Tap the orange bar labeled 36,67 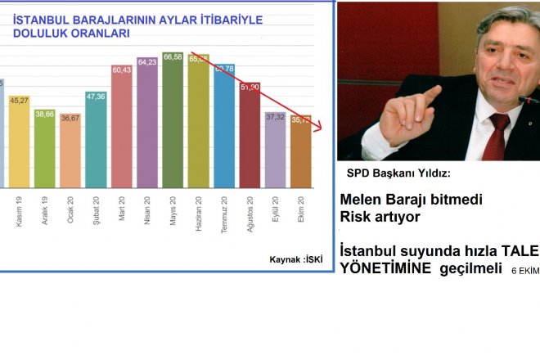[70, 155]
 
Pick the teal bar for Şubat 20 [96, 143]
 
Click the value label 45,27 [19, 101]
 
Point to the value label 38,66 [44, 114]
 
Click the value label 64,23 [147, 61]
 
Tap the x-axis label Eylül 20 [276, 211]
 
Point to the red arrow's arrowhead [318, 125]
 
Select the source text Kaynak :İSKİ [295, 259]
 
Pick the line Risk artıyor [380, 217]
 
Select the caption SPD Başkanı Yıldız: [398, 173]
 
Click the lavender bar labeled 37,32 [276, 155]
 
